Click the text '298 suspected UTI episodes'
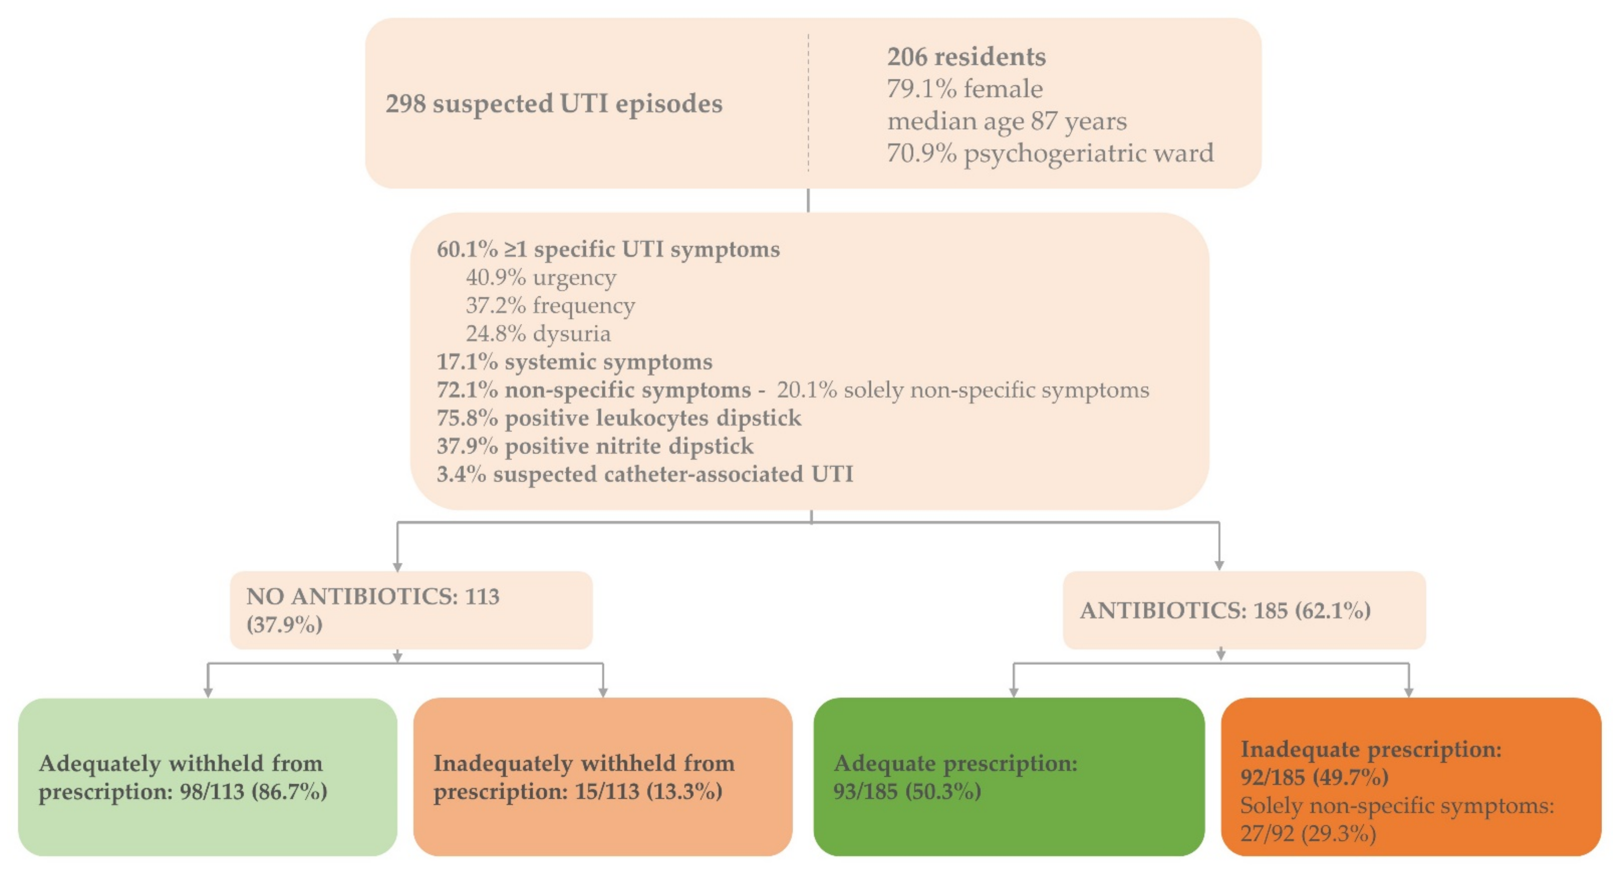554,104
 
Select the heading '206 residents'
966,57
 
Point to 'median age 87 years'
1006,121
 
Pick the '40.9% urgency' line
541,277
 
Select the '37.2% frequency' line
550,305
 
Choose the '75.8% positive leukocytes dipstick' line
619,418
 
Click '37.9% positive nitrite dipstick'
595,446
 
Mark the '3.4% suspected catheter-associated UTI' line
644,474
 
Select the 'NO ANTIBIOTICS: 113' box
411,610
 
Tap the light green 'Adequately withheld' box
207,777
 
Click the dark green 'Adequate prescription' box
1008,777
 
